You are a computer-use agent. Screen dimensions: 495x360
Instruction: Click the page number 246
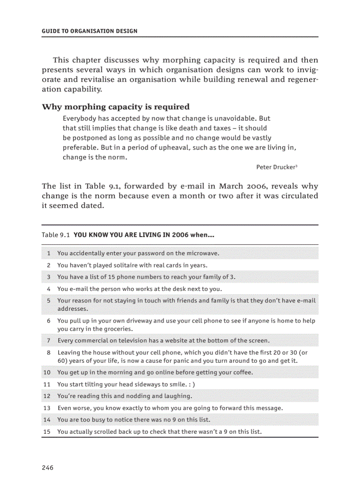[48, 467]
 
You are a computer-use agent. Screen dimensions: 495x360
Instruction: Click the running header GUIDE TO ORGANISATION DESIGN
[90, 31]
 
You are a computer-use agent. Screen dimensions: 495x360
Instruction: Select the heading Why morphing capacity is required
[116, 107]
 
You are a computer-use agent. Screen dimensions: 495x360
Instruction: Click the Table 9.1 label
[56, 235]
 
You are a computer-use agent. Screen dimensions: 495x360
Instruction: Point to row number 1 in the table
[49, 253]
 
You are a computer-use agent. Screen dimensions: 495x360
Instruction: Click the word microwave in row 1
[202, 253]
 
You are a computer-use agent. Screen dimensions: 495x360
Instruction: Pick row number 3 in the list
[49, 277]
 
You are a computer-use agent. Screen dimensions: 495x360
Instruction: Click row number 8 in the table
[49, 353]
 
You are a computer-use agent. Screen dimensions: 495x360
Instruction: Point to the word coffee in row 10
[242, 372]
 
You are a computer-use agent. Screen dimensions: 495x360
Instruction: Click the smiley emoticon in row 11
[191, 384]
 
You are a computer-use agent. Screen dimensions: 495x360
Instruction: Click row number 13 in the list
[47, 408]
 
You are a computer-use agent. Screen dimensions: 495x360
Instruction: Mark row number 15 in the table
[47, 432]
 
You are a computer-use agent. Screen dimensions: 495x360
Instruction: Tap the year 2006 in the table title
[180, 235]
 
